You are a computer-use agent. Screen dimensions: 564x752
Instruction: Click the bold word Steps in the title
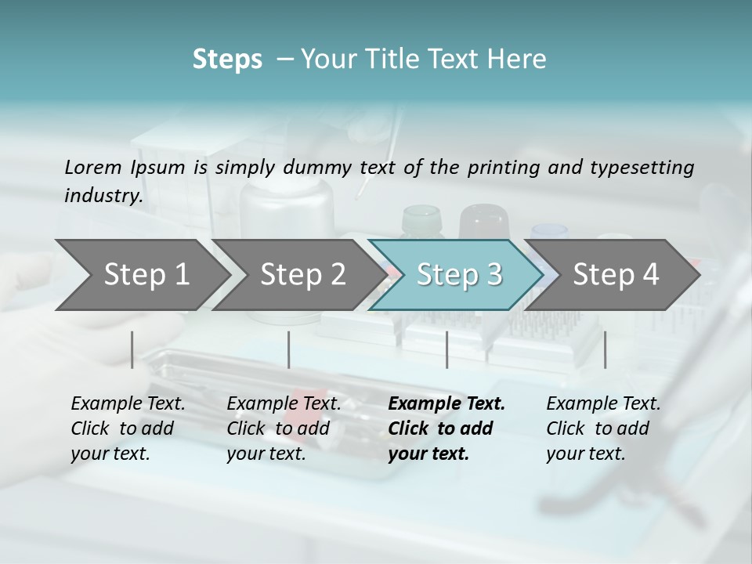(x=227, y=60)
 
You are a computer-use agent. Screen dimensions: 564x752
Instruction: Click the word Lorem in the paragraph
(x=92, y=167)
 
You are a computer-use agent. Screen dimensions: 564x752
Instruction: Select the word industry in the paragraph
(x=103, y=195)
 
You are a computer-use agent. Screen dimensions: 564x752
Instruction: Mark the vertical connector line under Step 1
(x=132, y=349)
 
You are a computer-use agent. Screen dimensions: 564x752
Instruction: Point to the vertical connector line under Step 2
(x=289, y=349)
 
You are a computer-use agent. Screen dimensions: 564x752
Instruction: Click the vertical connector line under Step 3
(x=447, y=349)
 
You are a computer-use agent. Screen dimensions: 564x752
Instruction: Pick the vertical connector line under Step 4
(x=605, y=349)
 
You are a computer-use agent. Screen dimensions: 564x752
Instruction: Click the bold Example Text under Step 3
(x=446, y=403)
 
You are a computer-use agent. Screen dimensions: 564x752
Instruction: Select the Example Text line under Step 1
(x=128, y=403)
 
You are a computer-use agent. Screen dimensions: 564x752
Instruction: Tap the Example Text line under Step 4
(x=603, y=403)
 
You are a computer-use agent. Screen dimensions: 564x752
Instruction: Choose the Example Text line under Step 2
(x=284, y=403)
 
